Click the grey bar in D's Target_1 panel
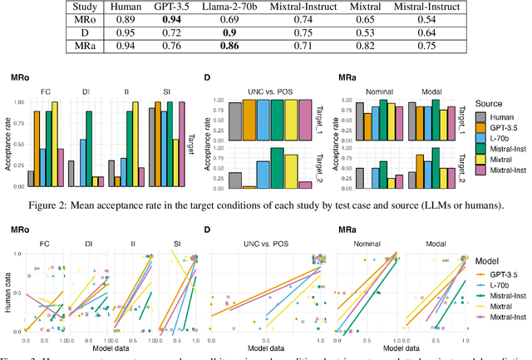(x=236, y=120)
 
